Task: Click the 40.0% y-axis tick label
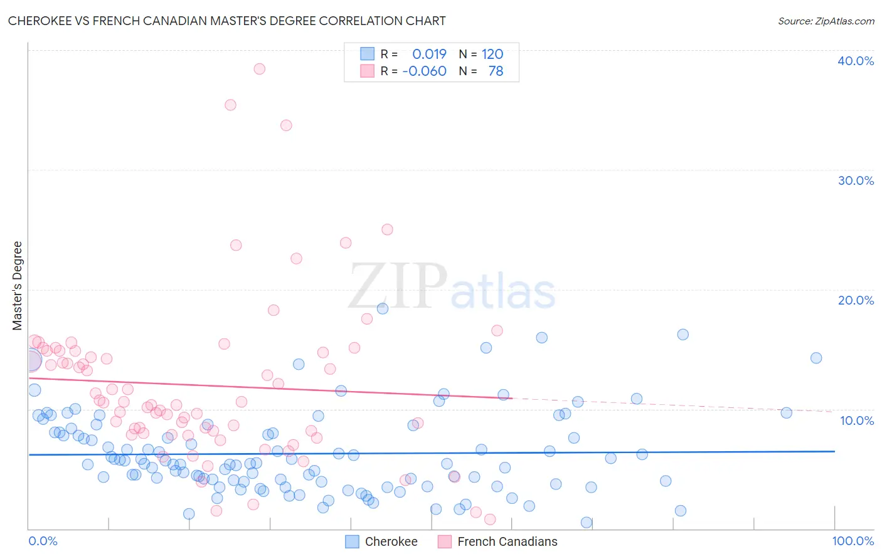pos(856,61)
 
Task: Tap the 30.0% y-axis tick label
pos(856,180)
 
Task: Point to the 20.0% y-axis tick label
pos(856,300)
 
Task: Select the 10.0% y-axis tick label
pos(857,421)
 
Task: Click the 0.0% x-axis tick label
pos(43,541)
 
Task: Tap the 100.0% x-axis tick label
pos(853,541)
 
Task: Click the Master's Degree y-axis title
pos(18,286)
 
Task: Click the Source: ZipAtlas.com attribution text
pos(826,21)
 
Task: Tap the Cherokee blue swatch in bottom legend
pos(353,541)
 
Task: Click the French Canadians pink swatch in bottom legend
pos(445,541)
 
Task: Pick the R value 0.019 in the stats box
pos(430,54)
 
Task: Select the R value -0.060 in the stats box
pos(425,71)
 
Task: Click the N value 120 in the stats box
pos(492,54)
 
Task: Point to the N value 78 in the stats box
pos(496,71)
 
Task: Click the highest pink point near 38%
pos(259,69)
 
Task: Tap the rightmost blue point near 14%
pos(816,358)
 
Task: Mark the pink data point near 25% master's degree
pos(387,229)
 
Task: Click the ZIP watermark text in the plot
pos(398,286)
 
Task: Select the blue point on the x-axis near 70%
pos(587,522)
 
